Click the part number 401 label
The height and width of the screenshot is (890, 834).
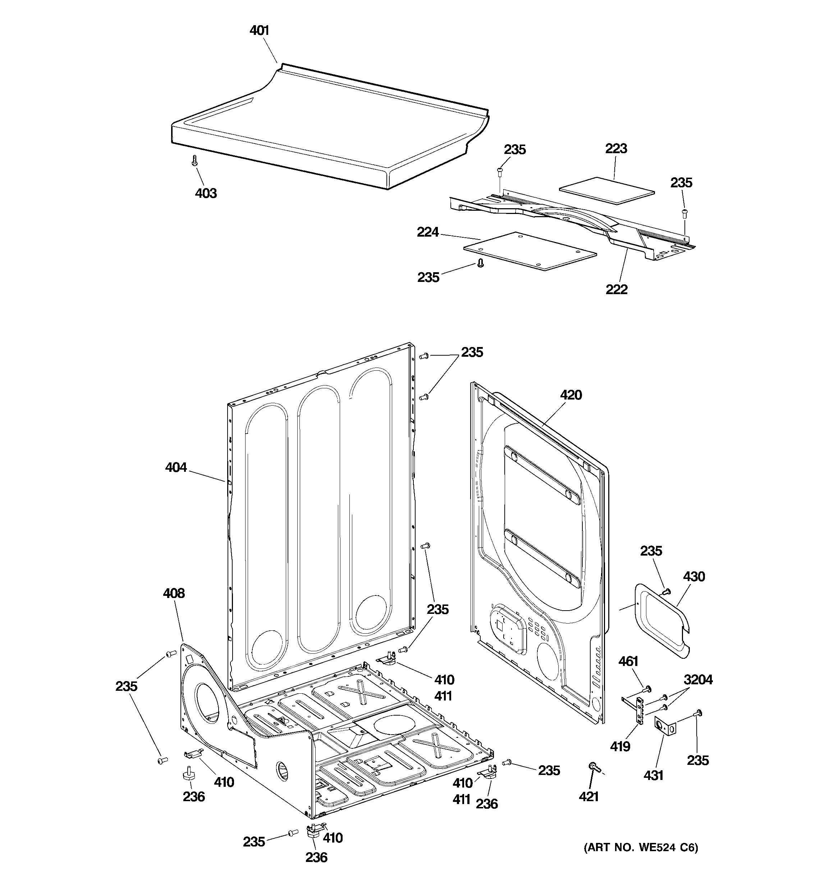pyautogui.click(x=259, y=31)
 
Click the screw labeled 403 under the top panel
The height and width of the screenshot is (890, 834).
pyautogui.click(x=194, y=160)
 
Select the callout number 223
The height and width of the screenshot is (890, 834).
pyautogui.click(x=616, y=149)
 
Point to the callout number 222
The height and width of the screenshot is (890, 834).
pyautogui.click(x=617, y=289)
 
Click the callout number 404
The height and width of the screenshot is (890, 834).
pyautogui.click(x=175, y=467)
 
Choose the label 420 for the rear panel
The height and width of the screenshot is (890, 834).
pyautogui.click(x=571, y=395)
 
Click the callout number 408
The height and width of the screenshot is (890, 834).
pyautogui.click(x=174, y=593)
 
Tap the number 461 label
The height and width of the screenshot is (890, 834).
pyautogui.click(x=628, y=661)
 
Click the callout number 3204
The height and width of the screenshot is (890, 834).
pyautogui.click(x=698, y=680)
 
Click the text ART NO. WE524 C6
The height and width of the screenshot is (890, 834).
pyautogui.click(x=641, y=848)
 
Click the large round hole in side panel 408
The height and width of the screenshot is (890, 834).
pyautogui.click(x=206, y=704)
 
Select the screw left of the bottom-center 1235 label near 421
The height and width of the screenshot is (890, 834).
pyautogui.click(x=507, y=762)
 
